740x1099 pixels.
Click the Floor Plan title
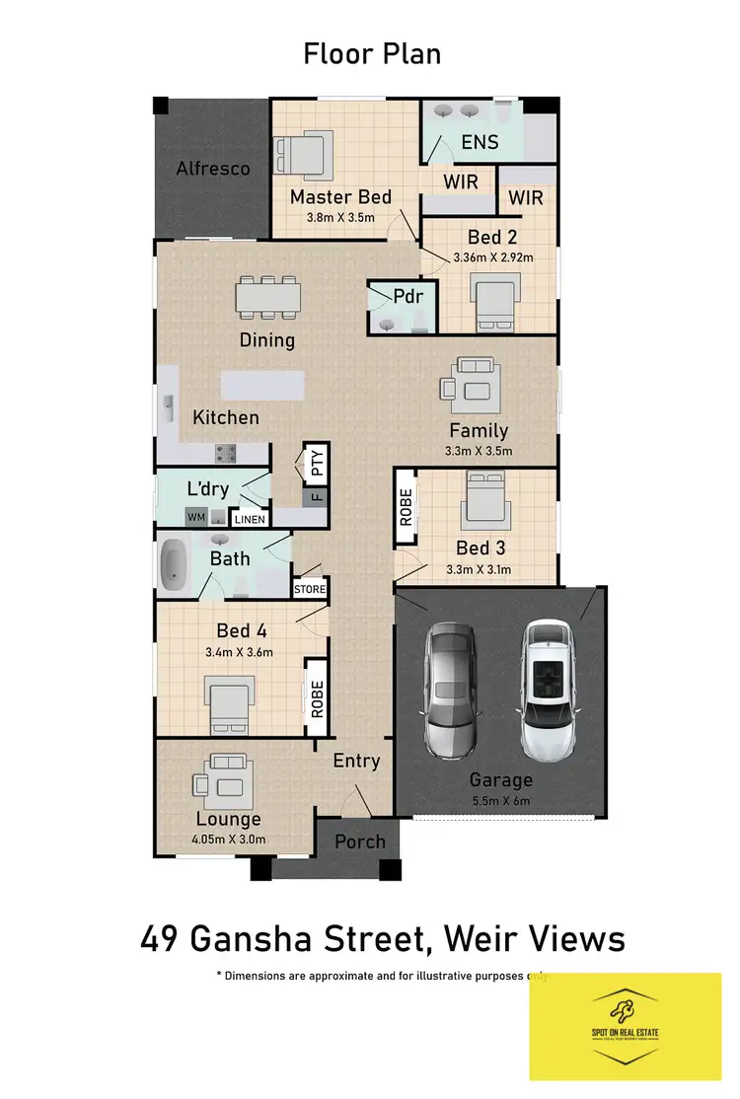[371, 53]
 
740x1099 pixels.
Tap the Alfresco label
[212, 168]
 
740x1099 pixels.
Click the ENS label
[480, 142]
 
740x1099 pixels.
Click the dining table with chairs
[267, 297]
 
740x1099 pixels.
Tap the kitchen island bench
[260, 385]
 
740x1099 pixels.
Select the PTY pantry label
[317, 464]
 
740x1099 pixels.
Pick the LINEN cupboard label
[248, 519]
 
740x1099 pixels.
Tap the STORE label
[309, 589]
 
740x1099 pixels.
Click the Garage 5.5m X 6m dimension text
[500, 800]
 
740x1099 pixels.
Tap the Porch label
[359, 842]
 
